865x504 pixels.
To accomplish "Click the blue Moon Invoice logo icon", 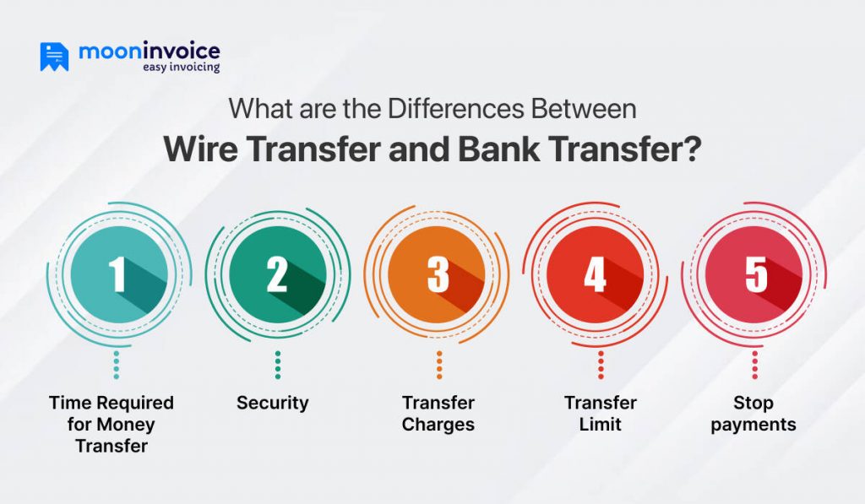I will point(54,57).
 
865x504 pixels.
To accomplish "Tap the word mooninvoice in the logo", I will point(149,51).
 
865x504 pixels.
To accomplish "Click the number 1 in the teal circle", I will point(117,275).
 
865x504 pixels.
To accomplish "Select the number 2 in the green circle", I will point(277,275).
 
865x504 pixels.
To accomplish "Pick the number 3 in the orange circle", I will point(438,275).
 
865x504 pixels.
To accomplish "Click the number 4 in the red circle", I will point(596,275).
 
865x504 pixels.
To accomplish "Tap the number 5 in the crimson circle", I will point(755,275).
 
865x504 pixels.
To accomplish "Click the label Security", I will point(272,403).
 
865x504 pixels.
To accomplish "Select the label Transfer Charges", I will point(438,413).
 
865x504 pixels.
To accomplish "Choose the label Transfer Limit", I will point(601,413).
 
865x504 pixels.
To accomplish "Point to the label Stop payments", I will point(753,413).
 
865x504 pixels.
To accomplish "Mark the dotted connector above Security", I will point(278,366).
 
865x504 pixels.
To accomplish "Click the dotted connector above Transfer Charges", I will point(439,366).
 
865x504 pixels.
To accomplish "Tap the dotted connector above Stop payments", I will point(755,366).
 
